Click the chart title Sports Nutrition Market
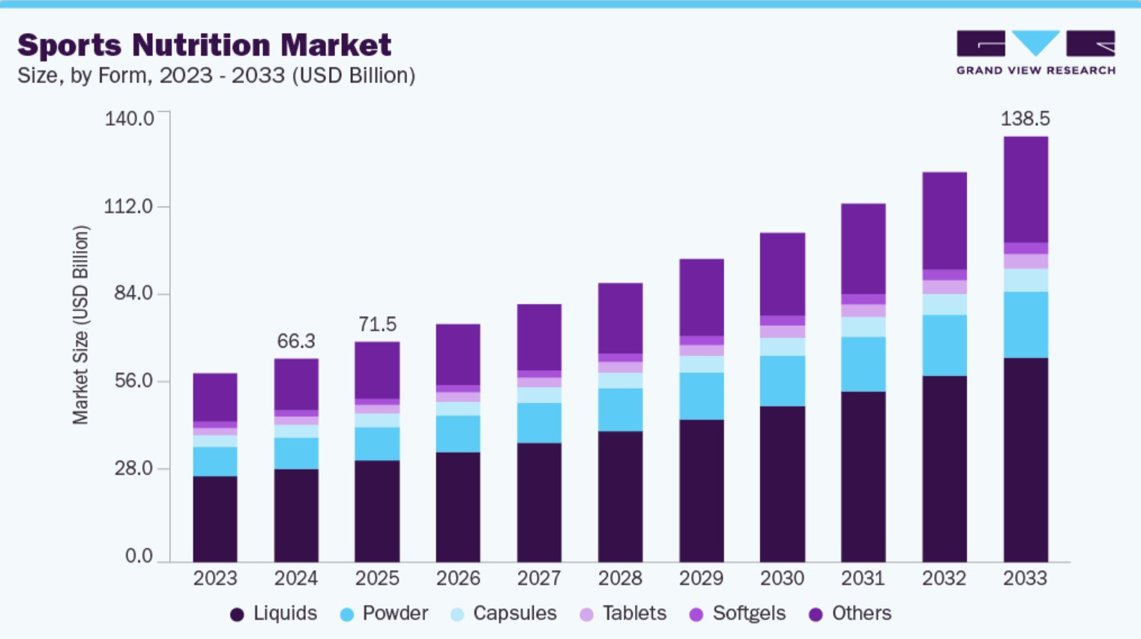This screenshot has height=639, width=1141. point(204,45)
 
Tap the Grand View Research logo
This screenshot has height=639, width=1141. point(1035,52)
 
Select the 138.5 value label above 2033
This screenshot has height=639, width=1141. point(1025,118)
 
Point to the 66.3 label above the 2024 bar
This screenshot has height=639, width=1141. point(296,342)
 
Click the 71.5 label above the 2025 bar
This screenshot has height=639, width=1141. point(377,324)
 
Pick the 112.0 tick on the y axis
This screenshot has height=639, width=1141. point(128,206)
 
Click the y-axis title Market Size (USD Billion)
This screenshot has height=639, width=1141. point(81,325)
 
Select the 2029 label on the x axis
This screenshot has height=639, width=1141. point(701,578)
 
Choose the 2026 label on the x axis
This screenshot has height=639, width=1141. point(458,578)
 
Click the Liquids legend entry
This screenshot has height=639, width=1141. point(274,614)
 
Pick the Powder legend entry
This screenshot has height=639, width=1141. point(385,614)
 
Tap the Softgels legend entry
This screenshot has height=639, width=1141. point(738,614)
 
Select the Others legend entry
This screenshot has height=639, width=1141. point(851,614)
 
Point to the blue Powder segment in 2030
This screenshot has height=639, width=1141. point(782,381)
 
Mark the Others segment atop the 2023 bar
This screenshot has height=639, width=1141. point(215,397)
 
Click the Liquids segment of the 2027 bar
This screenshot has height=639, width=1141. point(539,502)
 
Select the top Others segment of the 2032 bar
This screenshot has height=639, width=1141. point(944,220)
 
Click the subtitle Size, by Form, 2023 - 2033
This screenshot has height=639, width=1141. point(216,76)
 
